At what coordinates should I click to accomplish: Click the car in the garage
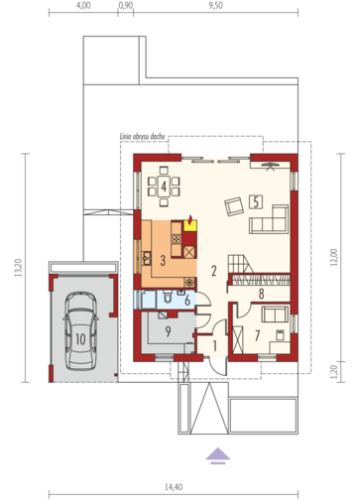(81, 330)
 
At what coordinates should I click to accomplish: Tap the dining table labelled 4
(164, 187)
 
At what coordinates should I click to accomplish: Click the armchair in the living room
(234, 206)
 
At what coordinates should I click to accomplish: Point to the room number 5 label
(256, 201)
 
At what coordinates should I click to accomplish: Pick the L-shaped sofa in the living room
(270, 219)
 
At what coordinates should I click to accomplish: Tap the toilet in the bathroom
(169, 296)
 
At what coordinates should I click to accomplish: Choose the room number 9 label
(169, 331)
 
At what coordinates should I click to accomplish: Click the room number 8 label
(261, 294)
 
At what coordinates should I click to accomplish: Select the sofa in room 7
(275, 314)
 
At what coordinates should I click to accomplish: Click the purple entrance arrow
(218, 455)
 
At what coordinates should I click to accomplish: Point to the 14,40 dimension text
(174, 487)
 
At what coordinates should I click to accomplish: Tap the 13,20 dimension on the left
(18, 268)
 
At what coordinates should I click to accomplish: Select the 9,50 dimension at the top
(215, 6)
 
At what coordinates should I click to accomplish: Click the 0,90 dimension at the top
(126, 6)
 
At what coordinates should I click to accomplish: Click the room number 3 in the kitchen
(163, 261)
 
